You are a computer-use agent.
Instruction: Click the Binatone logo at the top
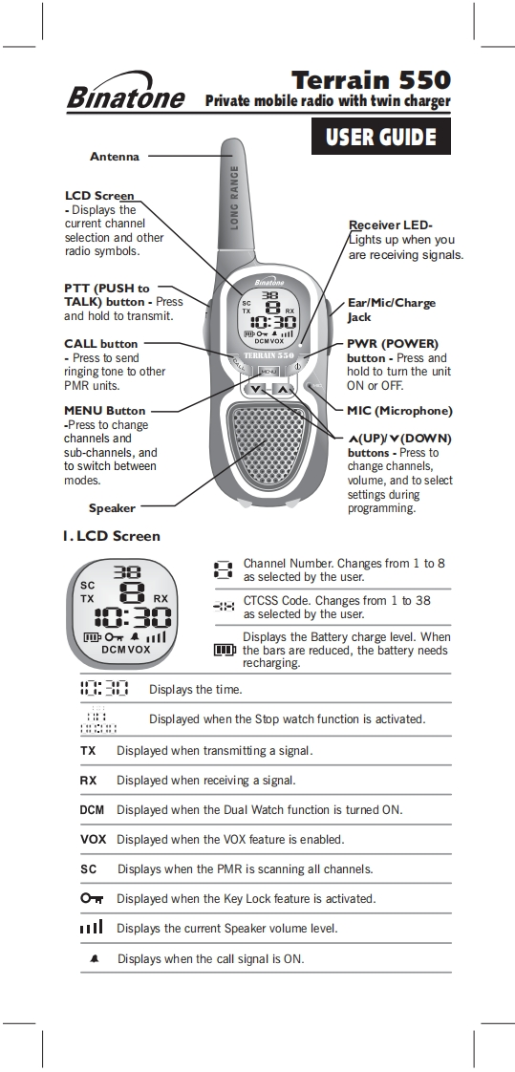pos(126,93)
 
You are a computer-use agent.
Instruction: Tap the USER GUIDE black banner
pos(381,136)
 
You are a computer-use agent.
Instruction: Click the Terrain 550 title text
pos(372,80)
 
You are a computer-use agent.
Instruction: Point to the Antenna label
pos(115,157)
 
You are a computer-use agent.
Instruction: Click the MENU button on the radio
pos(268,371)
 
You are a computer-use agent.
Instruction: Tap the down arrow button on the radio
pos(255,390)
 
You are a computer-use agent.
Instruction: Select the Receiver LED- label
pos(391,225)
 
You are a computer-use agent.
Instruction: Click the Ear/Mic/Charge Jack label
pos(391,310)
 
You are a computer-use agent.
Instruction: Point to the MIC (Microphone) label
pos(399,411)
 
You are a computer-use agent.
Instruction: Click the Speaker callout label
pos(112,508)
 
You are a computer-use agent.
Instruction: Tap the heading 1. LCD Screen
pos(112,536)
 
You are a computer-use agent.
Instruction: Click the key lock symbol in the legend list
pos(92,898)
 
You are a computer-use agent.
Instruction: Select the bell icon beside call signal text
pos(95,959)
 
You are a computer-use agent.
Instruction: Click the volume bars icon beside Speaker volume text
pos(91,927)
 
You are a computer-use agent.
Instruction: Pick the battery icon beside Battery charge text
pos(225,650)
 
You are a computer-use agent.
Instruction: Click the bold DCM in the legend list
pos(92,810)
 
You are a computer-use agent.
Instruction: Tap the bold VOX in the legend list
pos(93,840)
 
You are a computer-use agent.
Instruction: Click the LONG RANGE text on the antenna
pos(235,199)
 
